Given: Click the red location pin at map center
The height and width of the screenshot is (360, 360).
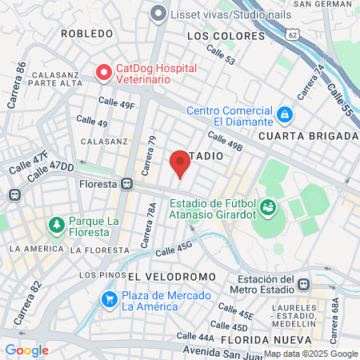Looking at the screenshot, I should pos(180,163).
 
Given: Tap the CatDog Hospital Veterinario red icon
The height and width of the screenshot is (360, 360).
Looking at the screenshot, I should pos(103,73).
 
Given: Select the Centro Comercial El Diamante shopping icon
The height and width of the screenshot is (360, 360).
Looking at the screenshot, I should pos(286,116).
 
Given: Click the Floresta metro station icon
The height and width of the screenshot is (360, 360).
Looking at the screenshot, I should pos(126,183).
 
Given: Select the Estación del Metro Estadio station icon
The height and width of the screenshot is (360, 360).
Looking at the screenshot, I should pos(303,284).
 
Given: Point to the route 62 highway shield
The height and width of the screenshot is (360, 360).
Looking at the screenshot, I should pos(294,35).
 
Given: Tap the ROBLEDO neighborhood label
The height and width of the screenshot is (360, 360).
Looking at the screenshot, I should pos(86,34).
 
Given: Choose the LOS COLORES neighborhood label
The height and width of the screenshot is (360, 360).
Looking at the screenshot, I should pos(225,37).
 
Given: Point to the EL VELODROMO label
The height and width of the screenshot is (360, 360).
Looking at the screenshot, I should pos(171,276).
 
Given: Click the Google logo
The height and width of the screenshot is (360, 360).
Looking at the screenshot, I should pos(26,350).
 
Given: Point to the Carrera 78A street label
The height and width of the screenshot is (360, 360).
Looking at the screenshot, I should pos(152,225).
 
